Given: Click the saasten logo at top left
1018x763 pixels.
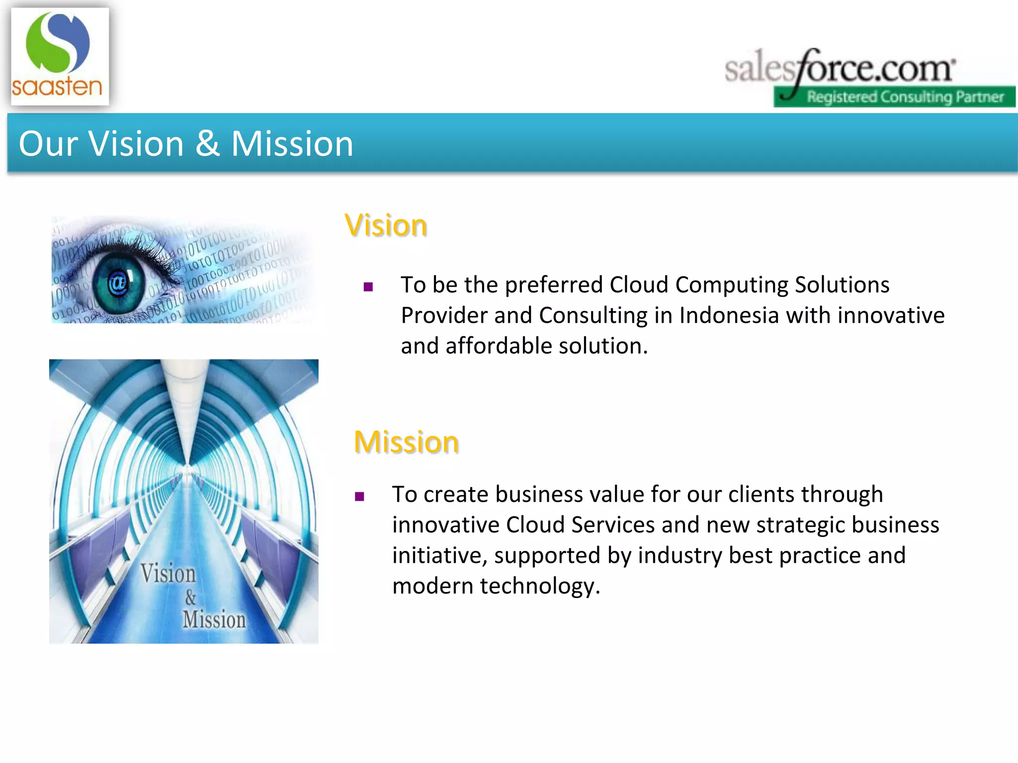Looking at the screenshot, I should point(59,56).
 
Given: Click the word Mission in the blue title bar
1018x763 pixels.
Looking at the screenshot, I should point(292,144).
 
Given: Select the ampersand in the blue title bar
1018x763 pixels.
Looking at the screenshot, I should point(207,144).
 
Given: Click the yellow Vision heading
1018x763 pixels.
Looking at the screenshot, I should point(386,226).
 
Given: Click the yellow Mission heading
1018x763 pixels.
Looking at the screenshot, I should point(406,442).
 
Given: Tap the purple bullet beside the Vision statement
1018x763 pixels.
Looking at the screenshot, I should point(368,287).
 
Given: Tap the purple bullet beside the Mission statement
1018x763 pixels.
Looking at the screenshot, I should point(360,496).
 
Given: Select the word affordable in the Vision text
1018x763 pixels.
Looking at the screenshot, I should point(498,346).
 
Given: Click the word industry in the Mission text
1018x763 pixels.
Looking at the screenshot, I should point(679,556).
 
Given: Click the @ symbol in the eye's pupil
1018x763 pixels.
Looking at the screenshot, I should point(118,283).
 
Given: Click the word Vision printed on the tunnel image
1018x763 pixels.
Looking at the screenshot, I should point(168,573).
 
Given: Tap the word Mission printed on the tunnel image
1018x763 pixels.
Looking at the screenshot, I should point(214,619).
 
